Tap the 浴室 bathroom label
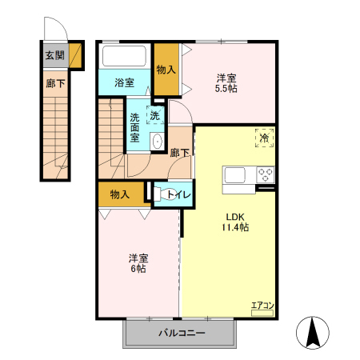point(124,82)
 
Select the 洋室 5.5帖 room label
point(226,84)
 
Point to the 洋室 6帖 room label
point(138,263)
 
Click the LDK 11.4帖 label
point(234,222)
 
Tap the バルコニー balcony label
point(181,332)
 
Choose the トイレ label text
point(178,194)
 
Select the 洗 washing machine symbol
point(154,114)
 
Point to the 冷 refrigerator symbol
point(263,138)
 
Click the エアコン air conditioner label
point(262,306)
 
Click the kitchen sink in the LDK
point(238,175)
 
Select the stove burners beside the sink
point(265,174)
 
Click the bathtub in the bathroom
point(125,57)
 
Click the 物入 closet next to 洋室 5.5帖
point(166,70)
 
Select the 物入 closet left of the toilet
point(120,194)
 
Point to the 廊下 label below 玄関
point(54,83)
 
